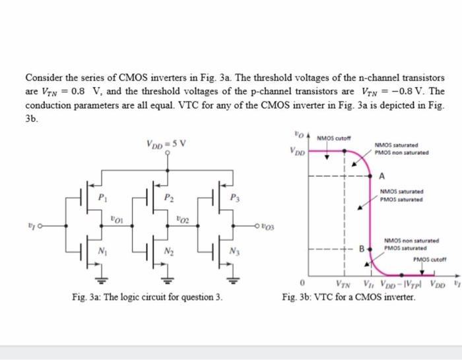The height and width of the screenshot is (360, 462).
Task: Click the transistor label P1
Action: click(x=102, y=197)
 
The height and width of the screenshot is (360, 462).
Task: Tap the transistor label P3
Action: click(x=236, y=197)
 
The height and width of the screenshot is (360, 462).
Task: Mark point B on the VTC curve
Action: click(x=362, y=249)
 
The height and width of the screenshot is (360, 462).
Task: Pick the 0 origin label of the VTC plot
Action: click(x=301, y=284)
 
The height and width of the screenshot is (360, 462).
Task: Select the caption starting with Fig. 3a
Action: click(x=147, y=297)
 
